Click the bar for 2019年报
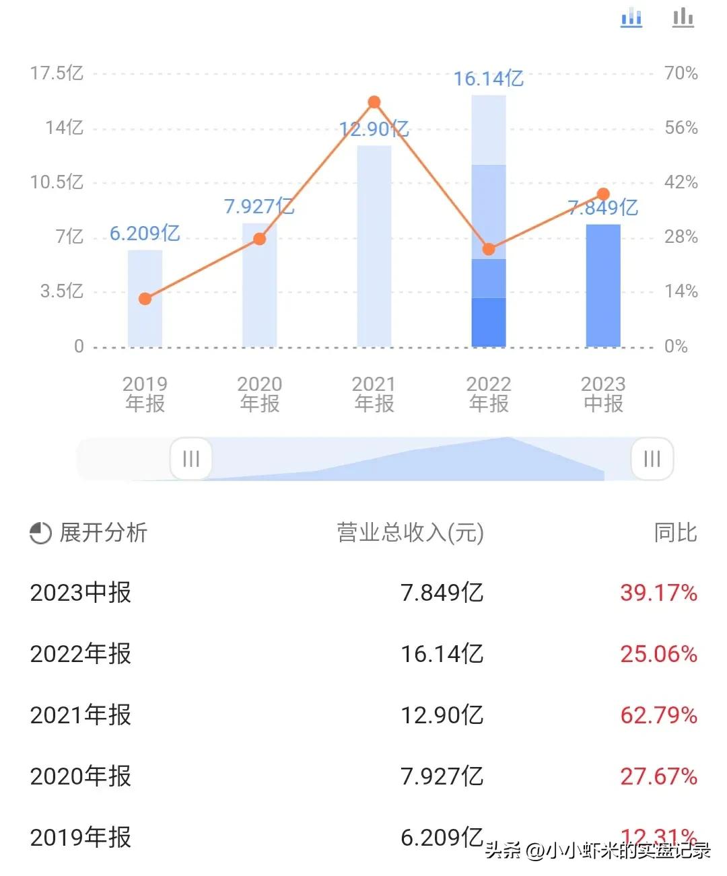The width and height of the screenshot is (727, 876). (x=145, y=299)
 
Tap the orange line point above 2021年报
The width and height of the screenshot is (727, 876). (x=374, y=102)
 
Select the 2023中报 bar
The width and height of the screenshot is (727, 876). (x=603, y=286)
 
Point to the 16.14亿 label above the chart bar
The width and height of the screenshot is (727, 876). (x=488, y=79)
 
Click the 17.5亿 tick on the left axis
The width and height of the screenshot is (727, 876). (x=57, y=73)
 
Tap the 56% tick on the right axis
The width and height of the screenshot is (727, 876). (x=681, y=128)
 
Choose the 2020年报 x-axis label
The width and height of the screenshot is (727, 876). (x=260, y=394)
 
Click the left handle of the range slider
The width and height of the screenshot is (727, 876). (x=191, y=459)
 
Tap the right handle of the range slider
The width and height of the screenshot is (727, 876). (x=652, y=459)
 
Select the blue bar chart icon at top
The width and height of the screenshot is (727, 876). (x=631, y=17)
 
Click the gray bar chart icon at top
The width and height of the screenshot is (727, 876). (x=683, y=17)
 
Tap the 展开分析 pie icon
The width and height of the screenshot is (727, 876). (x=40, y=534)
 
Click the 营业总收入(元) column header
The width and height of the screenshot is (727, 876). (x=410, y=533)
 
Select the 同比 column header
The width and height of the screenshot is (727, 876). (x=675, y=533)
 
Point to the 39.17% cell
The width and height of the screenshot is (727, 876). (x=658, y=593)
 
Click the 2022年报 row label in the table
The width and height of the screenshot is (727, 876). (x=81, y=653)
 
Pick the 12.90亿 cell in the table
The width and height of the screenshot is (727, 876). (x=442, y=715)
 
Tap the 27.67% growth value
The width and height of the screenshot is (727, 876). (x=658, y=776)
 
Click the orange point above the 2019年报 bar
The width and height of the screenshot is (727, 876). (x=145, y=299)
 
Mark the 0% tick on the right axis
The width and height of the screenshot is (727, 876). (x=676, y=346)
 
